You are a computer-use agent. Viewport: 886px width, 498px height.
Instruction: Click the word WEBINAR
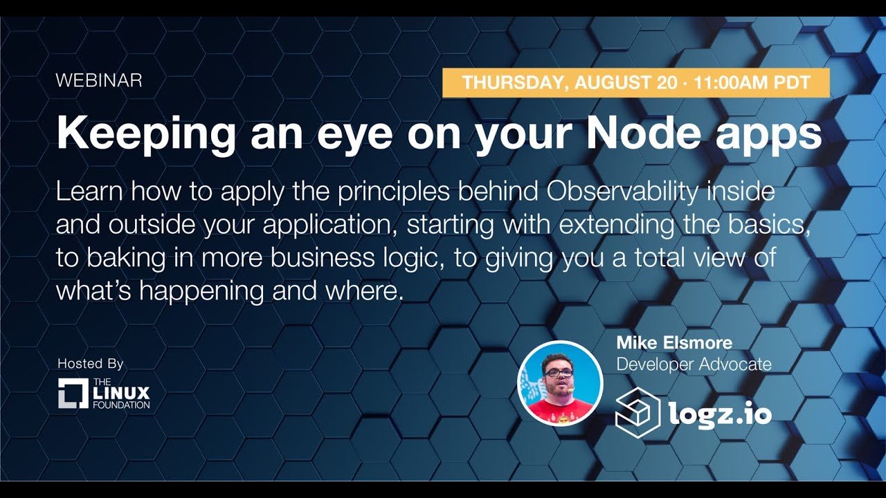coord(99,80)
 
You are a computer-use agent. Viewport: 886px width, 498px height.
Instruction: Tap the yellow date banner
coord(635,83)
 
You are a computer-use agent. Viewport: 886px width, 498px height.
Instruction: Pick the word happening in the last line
coord(201,291)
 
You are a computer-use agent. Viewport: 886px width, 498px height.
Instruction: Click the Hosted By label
coord(91,363)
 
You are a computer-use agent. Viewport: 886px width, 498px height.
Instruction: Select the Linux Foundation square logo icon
coord(73,393)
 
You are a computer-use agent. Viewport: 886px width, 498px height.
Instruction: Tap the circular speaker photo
coord(560,383)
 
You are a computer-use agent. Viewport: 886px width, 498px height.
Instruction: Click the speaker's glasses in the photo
coord(558,373)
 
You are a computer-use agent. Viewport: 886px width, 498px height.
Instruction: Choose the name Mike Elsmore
coord(674,342)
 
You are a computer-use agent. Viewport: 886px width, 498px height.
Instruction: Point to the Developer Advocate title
coord(694,364)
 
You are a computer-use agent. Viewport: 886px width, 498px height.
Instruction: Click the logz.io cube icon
coord(638,413)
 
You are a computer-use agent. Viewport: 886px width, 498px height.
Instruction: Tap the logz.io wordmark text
coord(720,414)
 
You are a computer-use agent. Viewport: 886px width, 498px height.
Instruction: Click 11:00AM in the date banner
coord(727,83)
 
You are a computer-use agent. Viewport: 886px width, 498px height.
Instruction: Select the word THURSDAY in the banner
coord(511,83)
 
